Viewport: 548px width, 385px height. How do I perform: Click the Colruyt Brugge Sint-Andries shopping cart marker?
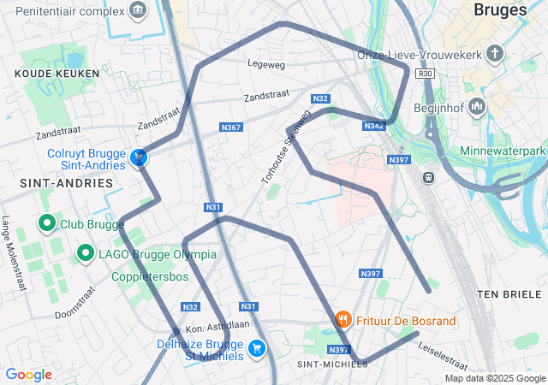coord(138,157)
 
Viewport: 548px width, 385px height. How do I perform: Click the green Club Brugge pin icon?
coord(48,225)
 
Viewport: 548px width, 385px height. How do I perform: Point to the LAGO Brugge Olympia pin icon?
coord(86,253)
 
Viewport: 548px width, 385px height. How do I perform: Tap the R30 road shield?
coord(426,74)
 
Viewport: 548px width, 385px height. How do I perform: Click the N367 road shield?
coord(231,127)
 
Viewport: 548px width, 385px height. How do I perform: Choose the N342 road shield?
coord(373,126)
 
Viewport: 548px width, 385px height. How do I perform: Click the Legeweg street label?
coord(265,64)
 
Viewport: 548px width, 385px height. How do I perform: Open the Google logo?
coord(29,374)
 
